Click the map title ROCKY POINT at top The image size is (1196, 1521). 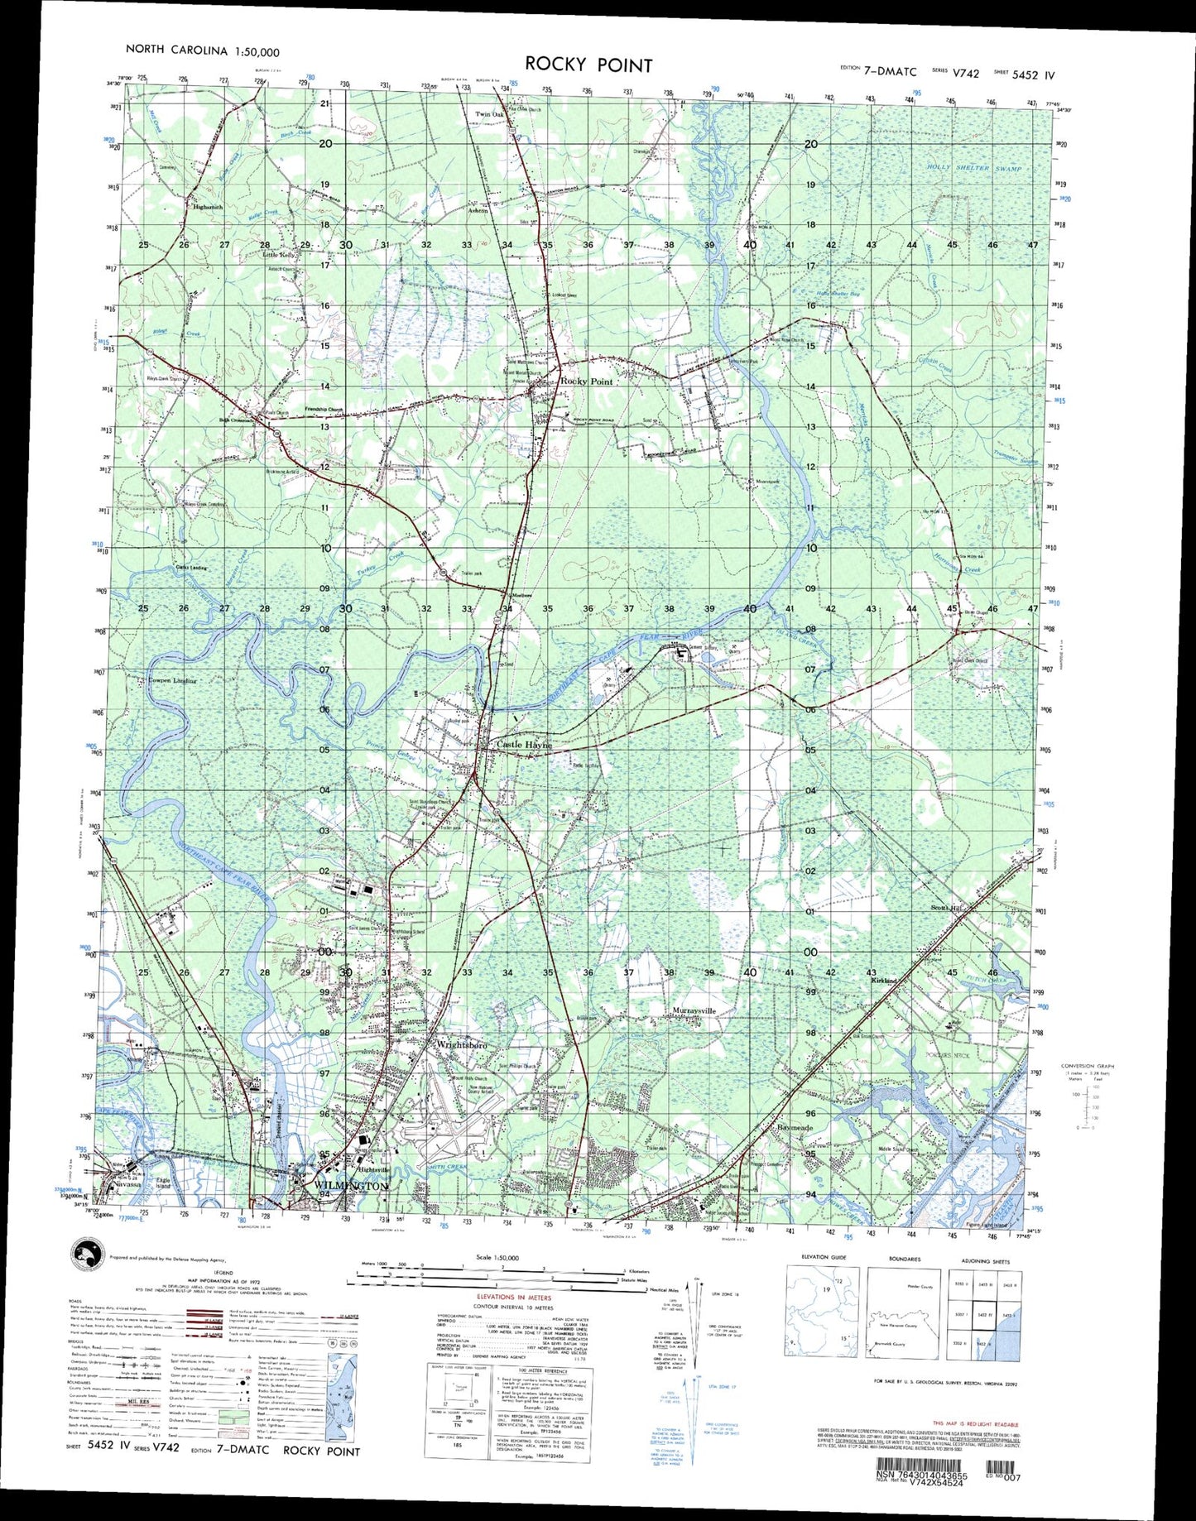tap(588, 65)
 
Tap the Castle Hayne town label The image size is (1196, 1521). tap(523, 745)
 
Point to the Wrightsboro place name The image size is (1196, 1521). tap(461, 1045)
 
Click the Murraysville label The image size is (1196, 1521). tap(694, 1011)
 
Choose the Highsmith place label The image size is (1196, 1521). tap(208, 207)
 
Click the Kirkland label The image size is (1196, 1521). tap(883, 981)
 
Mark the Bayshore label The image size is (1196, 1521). tap(795, 1127)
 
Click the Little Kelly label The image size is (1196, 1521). tap(280, 255)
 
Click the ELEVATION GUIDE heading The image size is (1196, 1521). tap(824, 1258)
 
